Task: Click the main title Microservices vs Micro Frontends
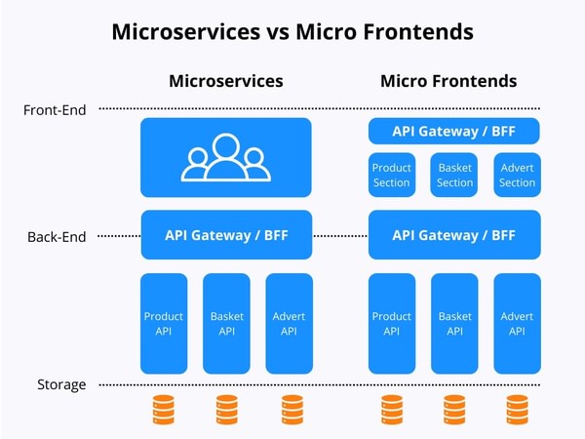[x=292, y=31]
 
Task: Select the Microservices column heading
[x=226, y=81]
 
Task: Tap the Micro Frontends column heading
[x=448, y=81]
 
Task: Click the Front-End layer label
[x=55, y=110]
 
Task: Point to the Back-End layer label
[x=57, y=236]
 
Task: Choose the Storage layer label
[x=61, y=384]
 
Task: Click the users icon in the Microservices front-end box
[x=226, y=158]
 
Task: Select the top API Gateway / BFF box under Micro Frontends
[x=454, y=131]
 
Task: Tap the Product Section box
[x=392, y=175]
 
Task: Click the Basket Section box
[x=454, y=175]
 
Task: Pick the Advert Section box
[x=517, y=175]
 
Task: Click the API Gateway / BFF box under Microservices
[x=226, y=235]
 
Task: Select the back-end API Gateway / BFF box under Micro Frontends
[x=454, y=235]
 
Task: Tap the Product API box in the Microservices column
[x=164, y=323]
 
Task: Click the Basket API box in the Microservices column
[x=226, y=323]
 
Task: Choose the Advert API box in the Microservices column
[x=289, y=323]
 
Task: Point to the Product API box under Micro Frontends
[x=392, y=323]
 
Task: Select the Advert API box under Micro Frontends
[x=517, y=323]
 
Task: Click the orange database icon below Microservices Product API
[x=164, y=411]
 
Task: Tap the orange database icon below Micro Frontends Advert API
[x=517, y=411]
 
